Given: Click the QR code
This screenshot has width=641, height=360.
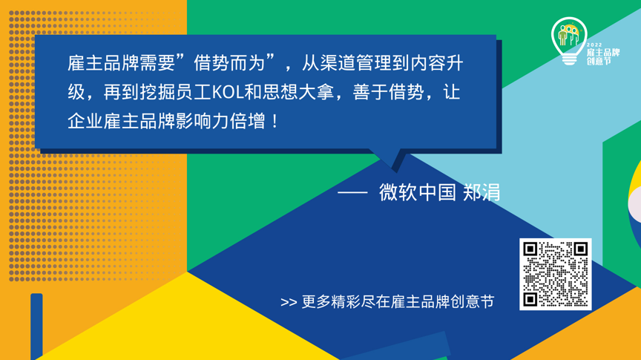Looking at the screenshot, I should (555, 274).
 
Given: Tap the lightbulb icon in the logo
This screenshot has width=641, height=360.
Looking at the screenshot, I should (569, 39).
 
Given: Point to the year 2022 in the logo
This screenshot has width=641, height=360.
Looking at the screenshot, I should (594, 45).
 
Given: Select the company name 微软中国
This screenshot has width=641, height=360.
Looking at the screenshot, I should (417, 192).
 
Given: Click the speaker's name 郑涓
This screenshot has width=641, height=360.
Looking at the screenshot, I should (481, 192).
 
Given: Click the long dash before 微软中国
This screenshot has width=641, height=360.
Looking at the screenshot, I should (352, 192).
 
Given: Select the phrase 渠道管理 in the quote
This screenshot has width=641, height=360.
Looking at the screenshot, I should (349, 65).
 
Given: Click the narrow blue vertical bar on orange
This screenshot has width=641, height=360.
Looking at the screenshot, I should (36, 327).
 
